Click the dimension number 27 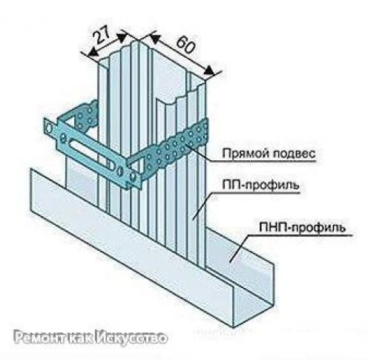coord(102,35)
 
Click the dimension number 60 coord(185,45)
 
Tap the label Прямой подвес coord(269,154)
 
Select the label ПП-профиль coord(260,186)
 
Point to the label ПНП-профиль coord(302,228)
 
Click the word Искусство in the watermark coord(131,338)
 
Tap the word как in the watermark coord(82,338)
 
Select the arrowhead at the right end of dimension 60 coord(209,70)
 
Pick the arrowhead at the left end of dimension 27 coord(93,52)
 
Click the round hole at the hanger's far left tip coord(50,129)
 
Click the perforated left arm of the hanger coord(87,116)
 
